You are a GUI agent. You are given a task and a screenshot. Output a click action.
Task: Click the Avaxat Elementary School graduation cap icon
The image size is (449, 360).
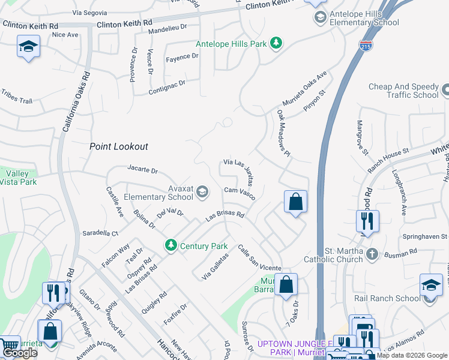coord(203,192)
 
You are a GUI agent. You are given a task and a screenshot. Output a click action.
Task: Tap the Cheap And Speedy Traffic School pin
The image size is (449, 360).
coord(445,91)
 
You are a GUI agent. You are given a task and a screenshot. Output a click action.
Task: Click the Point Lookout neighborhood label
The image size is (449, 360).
coord(119,146)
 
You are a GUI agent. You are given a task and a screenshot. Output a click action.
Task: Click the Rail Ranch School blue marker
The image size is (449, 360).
coord(431,286)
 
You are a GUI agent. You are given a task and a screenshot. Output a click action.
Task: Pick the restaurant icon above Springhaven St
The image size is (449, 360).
coord(367,221)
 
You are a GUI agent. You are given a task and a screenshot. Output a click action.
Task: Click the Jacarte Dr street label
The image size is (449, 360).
coord(142,170)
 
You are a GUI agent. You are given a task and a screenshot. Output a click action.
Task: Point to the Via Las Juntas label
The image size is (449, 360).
coord(242,169)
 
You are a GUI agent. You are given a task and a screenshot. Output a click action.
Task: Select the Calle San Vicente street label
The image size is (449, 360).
coord(259,258)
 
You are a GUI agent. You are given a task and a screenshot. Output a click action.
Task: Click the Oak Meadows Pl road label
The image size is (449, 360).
coord(283,133)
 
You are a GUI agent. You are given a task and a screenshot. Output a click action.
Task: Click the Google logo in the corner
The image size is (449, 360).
coord(20,353)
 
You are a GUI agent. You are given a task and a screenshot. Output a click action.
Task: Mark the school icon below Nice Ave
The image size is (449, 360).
coord(28,47)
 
